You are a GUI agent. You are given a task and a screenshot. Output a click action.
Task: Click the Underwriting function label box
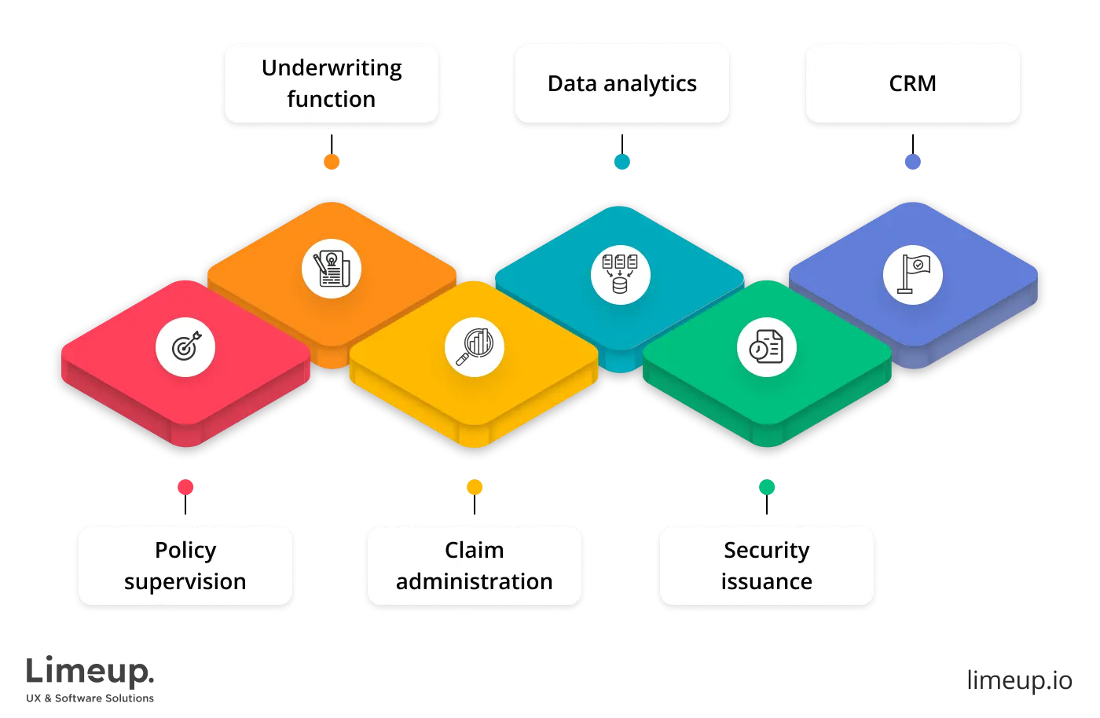[331, 83]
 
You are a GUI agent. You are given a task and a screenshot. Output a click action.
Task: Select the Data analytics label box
[621, 83]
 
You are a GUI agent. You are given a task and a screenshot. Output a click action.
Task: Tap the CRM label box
[912, 83]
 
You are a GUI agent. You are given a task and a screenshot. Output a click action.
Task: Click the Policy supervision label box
[185, 566]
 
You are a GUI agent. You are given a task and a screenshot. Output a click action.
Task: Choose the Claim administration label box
[474, 566]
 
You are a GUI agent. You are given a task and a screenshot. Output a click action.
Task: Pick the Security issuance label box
[766, 566]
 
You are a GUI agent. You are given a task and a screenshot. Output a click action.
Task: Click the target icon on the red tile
[185, 347]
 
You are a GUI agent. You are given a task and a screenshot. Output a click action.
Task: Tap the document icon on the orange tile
[331, 269]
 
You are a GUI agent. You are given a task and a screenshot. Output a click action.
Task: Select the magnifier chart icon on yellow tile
[475, 347]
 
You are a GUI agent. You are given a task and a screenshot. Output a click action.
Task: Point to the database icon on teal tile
[620, 274]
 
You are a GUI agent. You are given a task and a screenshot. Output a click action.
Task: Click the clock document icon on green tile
[766, 347]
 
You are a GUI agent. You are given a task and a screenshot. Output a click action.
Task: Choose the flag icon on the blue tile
[912, 274]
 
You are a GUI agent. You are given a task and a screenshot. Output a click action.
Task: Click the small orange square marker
[331, 161]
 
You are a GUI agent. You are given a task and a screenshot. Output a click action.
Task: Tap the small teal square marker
[621, 161]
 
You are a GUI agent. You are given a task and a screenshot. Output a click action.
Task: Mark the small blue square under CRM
[912, 161]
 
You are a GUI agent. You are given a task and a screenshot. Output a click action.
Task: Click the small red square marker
[185, 487]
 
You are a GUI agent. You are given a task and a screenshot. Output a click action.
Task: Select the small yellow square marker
[475, 487]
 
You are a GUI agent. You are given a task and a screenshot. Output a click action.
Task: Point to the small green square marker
[766, 487]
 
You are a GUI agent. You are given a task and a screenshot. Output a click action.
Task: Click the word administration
[474, 581]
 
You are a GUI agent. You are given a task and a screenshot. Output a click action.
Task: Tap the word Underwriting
[331, 68]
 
